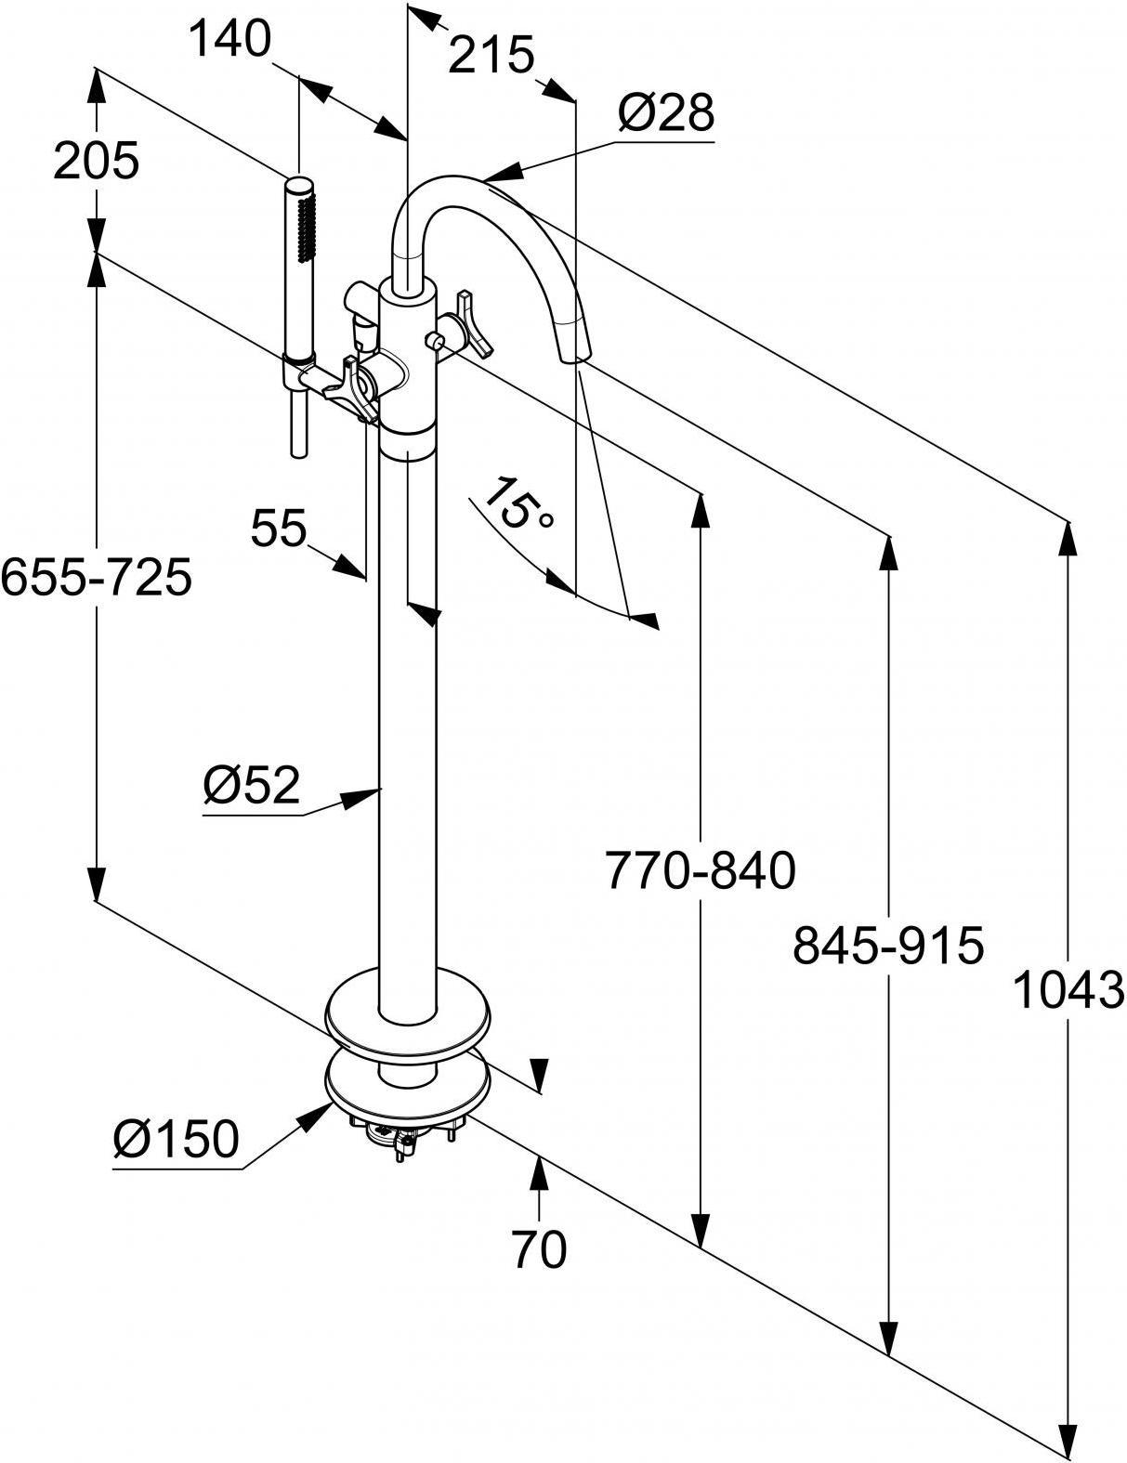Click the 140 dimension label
[x=229, y=39]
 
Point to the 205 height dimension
[x=97, y=161]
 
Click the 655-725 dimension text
[x=97, y=578]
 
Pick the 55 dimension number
[x=279, y=528]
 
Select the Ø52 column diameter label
[x=251, y=784]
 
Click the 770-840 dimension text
[x=701, y=869]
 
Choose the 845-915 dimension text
[x=888, y=945]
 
